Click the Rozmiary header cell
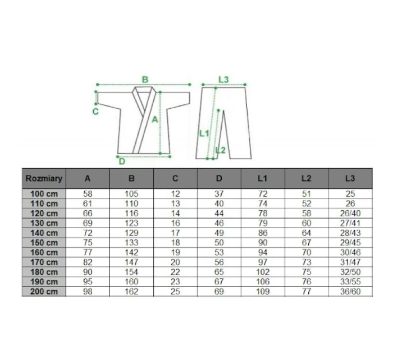(44, 178)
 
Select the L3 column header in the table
(350, 178)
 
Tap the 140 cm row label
(44, 233)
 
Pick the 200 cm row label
(44, 292)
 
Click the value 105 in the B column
(131, 194)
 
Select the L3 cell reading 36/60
(350, 292)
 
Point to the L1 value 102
(263, 272)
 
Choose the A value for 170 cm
(88, 262)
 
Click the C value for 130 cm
(175, 223)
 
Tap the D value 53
(219, 252)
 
